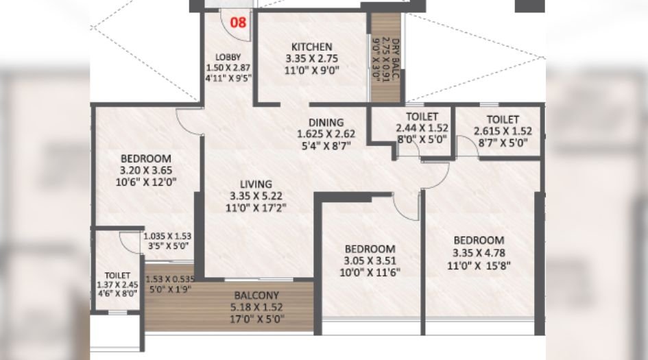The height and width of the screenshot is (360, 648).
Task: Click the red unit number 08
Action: click(238, 21)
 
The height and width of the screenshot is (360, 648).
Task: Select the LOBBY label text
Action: click(229, 57)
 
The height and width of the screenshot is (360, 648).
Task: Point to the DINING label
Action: click(326, 123)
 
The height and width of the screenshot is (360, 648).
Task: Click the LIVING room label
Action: click(256, 184)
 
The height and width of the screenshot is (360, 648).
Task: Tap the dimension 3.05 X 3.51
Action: click(370, 260)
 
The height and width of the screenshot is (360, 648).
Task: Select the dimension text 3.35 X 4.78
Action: click(479, 252)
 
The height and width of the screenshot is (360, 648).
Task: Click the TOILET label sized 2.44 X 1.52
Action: click(422, 117)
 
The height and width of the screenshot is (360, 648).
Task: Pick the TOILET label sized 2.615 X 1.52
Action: click(503, 119)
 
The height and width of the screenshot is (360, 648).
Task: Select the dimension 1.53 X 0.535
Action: click(168, 279)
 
